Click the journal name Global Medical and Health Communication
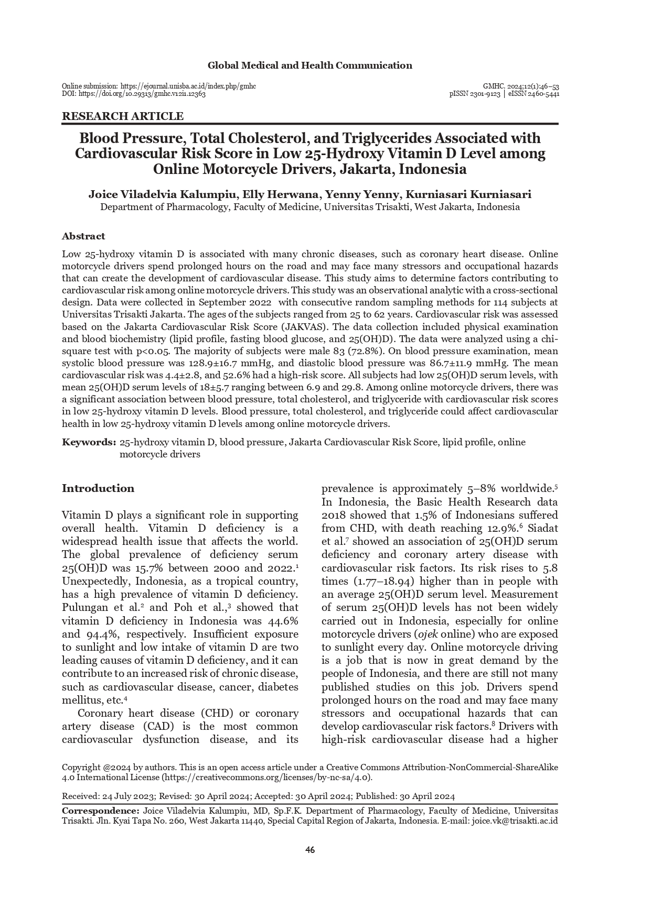pos(310,65)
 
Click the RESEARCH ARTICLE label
pos(123,116)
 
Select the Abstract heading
pos(83,236)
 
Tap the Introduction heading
pos(98,488)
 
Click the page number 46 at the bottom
pos(310,850)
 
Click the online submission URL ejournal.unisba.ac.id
pos(188,86)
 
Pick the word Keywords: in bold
pos(89,442)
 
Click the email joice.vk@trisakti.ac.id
pos(515,821)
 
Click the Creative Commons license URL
pos(268,778)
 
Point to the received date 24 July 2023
pos(129,796)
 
